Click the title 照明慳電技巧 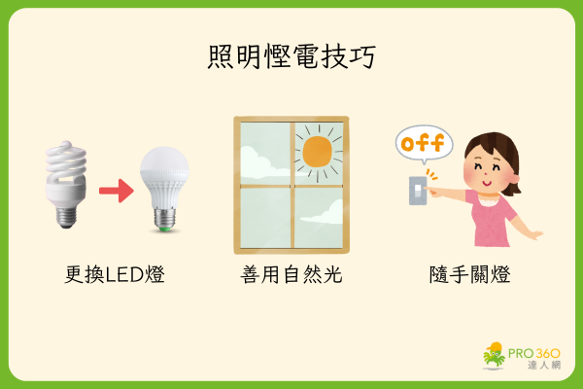[x=291, y=55]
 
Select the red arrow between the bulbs [x=116, y=191]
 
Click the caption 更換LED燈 [x=109, y=274]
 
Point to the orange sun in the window [x=317, y=151]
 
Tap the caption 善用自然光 [x=291, y=274]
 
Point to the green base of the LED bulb [x=163, y=227]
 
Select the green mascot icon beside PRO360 [x=496, y=356]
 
